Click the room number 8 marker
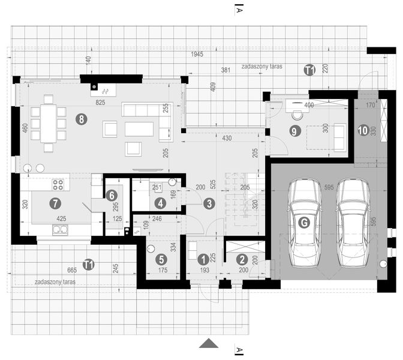(x=81, y=119)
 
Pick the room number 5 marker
(x=161, y=259)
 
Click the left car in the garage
(x=305, y=223)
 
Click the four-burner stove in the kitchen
(x=58, y=184)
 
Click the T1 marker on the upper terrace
(x=309, y=71)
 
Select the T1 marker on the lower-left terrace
(x=88, y=263)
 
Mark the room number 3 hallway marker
(x=209, y=203)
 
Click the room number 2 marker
(x=241, y=259)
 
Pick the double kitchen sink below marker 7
(x=59, y=230)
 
